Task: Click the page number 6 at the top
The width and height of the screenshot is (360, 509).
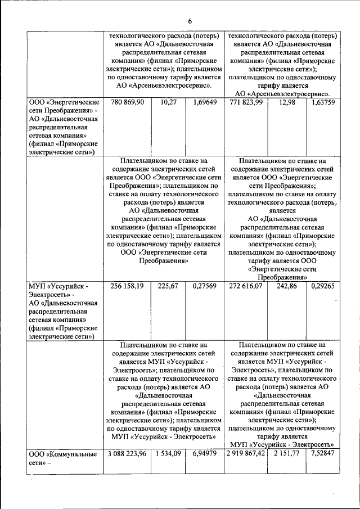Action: [x=190, y=21]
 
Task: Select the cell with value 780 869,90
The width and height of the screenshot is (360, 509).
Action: [x=128, y=102]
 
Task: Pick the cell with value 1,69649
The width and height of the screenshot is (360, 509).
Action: [x=204, y=102]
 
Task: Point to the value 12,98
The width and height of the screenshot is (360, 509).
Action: [x=287, y=102]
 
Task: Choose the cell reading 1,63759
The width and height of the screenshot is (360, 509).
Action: [x=323, y=102]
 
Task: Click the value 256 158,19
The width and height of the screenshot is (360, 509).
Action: [x=128, y=286]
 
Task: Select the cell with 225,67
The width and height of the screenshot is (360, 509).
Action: [x=168, y=286]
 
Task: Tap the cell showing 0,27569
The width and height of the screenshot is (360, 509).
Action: [x=204, y=286]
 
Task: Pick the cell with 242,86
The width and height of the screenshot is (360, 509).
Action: [x=287, y=286]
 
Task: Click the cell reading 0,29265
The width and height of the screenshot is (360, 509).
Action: [x=323, y=286]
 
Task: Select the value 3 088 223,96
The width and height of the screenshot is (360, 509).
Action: [x=126, y=453]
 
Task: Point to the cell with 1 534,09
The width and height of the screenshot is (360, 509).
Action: [x=168, y=453]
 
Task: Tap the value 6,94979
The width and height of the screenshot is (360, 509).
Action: [x=204, y=453]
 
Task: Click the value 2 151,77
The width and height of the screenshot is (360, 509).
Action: [x=287, y=453]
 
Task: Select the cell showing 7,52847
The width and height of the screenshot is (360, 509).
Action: [x=323, y=453]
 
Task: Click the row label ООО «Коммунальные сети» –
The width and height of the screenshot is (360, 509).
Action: [x=63, y=458]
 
